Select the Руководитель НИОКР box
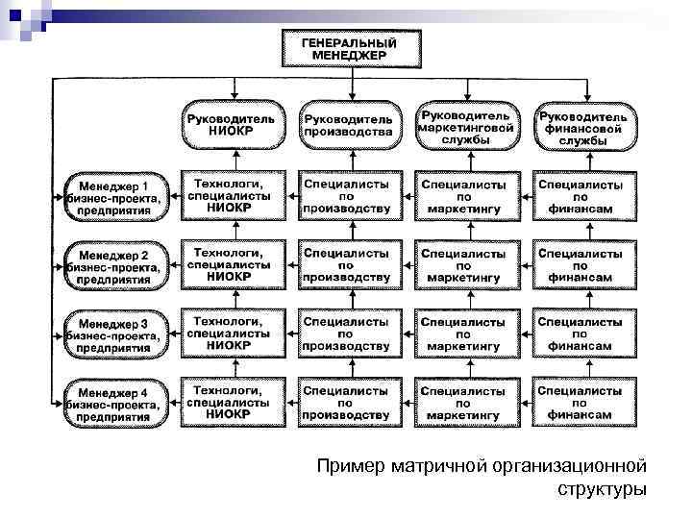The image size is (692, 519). pyautogui.click(x=231, y=124)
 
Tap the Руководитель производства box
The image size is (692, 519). pyautogui.click(x=347, y=124)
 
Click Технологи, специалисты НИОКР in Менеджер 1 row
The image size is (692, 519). pyautogui.click(x=231, y=195)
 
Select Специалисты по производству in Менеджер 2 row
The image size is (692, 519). pyautogui.click(x=347, y=264)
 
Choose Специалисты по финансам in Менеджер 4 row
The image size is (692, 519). pyautogui.click(x=581, y=402)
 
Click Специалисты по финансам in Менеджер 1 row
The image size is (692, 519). pyautogui.click(x=581, y=195)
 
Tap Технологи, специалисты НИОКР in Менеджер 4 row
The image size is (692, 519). pyautogui.click(x=231, y=402)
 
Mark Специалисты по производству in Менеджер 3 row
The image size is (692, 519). pyautogui.click(x=347, y=333)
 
